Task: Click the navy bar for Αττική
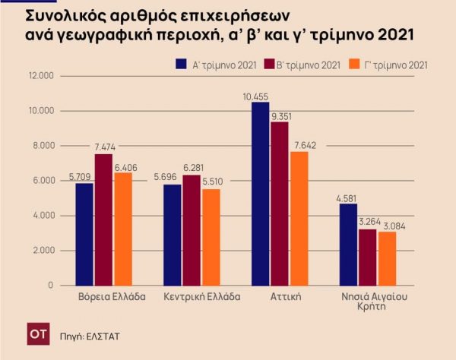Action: (x=260, y=194)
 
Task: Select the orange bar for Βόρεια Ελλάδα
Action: (x=122, y=229)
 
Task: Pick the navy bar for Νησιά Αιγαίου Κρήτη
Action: (x=348, y=244)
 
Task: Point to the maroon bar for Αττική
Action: (x=280, y=204)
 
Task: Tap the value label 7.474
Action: (x=104, y=145)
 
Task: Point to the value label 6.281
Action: (x=192, y=167)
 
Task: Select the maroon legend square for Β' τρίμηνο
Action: (x=271, y=65)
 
